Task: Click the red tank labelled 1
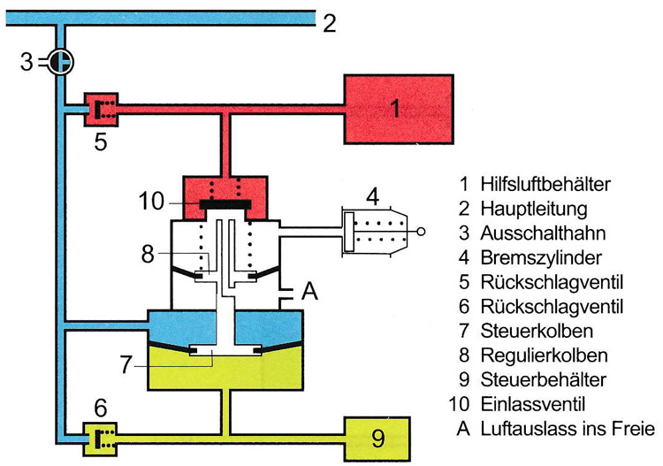coord(395,108)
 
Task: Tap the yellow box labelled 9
coord(377,435)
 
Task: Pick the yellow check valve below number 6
coord(100,436)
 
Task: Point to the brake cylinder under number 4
coord(377,233)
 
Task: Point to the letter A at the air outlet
coord(309,291)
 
